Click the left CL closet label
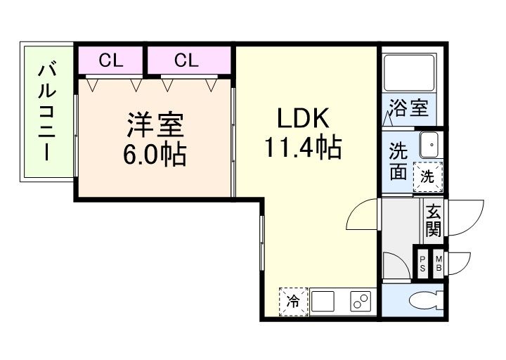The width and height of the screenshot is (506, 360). tap(110, 60)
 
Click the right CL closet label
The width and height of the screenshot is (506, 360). tap(186, 60)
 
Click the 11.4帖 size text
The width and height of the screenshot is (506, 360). tap(303, 147)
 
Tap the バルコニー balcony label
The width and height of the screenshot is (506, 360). tap(48, 112)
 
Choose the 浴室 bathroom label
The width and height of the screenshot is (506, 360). tap(409, 108)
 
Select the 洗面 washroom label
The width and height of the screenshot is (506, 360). tap(398, 161)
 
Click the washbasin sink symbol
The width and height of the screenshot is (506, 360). tap(429, 144)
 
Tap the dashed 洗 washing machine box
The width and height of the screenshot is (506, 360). tap(427, 176)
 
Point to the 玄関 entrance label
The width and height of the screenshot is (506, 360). tap(433, 219)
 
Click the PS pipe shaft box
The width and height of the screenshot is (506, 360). tap(422, 264)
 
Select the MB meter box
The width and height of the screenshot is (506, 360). tap(438, 264)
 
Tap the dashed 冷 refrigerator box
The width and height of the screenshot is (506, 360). tap(292, 302)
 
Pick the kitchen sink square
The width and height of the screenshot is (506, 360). tap(323, 303)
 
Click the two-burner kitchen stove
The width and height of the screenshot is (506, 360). tap(361, 303)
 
